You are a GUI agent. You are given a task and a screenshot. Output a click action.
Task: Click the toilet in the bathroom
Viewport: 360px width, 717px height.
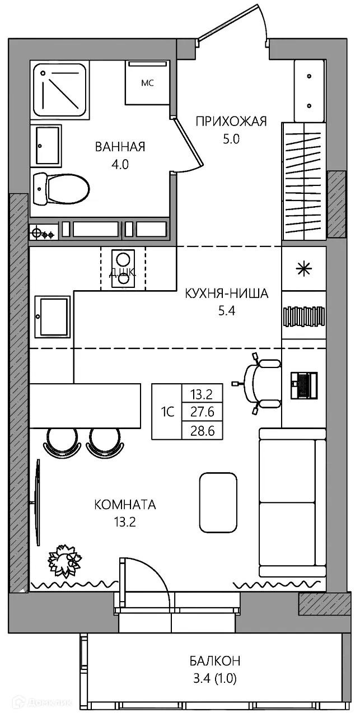pos(62,189)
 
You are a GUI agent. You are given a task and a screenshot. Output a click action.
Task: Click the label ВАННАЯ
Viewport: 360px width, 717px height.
pos(120,147)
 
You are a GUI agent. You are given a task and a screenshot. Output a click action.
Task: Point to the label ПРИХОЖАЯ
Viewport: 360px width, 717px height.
pos(231,121)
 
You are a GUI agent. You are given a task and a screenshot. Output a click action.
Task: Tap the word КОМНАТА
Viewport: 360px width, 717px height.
pos(125,505)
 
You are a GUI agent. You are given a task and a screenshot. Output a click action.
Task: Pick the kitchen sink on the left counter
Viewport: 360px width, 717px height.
pos(53,317)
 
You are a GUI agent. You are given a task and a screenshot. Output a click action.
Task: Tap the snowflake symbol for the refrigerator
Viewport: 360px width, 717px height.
pos(304,269)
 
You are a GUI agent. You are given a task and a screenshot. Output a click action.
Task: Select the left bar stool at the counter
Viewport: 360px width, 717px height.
pos(60,441)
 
